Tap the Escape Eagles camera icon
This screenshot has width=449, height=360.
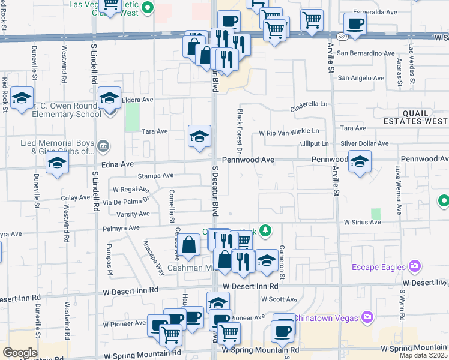(414, 266)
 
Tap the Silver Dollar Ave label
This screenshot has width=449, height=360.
(364, 144)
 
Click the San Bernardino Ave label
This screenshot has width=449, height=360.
(366, 53)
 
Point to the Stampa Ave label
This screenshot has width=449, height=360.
(155, 176)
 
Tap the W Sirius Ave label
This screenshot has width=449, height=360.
(362, 222)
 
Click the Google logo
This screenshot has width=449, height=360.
(19, 353)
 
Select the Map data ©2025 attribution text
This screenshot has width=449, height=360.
(423, 355)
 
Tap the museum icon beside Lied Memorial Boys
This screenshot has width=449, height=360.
(103, 145)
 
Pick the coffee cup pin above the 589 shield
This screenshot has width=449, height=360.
(355, 24)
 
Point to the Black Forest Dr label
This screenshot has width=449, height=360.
(239, 128)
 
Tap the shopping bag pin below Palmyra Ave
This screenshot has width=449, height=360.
(189, 245)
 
